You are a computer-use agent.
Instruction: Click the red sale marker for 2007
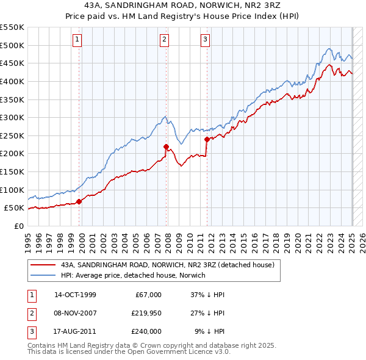click(x=166, y=146)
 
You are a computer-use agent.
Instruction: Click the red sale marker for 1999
click(x=79, y=202)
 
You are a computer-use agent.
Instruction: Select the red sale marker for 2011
click(x=207, y=139)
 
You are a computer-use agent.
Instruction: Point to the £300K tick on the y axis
click(x=12, y=117)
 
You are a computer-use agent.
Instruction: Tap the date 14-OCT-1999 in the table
click(x=75, y=295)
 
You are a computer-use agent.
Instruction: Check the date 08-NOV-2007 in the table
click(x=75, y=313)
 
